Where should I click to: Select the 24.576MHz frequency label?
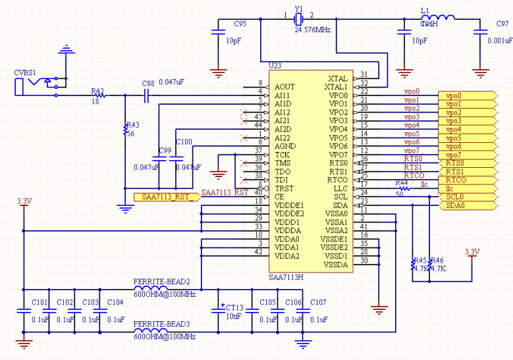[x=312, y=30]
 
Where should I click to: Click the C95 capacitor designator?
[x=240, y=24]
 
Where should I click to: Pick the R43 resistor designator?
[x=132, y=124]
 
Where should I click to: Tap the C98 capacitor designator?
[x=148, y=83]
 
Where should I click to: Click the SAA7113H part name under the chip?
[x=288, y=278]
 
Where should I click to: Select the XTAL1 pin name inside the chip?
[x=336, y=87]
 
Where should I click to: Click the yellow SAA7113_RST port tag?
[x=165, y=197]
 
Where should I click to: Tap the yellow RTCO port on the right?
[x=456, y=180]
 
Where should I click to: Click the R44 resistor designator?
[x=402, y=183]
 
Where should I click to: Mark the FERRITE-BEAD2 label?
[x=162, y=281]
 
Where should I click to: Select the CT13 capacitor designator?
[x=234, y=307]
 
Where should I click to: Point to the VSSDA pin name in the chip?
[x=335, y=265]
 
